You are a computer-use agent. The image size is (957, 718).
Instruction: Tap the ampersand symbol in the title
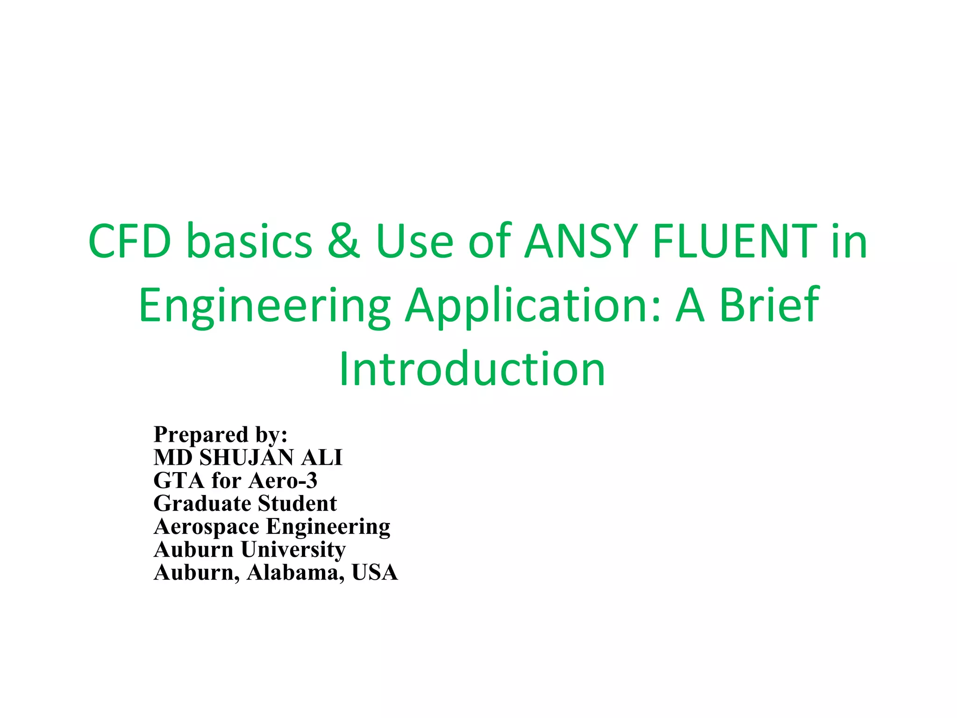coord(344,241)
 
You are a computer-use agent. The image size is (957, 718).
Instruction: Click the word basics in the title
coord(249,241)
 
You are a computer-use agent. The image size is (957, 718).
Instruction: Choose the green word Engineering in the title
coord(264,306)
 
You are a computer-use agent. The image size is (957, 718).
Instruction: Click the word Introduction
coord(472,369)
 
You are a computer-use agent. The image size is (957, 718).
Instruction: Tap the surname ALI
coord(321,458)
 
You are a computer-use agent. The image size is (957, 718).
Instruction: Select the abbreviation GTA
coord(179,481)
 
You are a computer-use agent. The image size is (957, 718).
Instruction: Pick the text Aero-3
coord(283,481)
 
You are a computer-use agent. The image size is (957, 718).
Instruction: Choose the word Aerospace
coord(207,527)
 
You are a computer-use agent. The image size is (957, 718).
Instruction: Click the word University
coord(293,550)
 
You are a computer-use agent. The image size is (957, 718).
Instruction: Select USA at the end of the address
coord(375,573)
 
